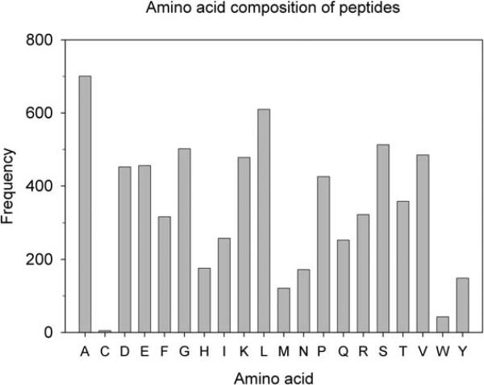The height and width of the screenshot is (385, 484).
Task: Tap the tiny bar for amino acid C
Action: [105, 331]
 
